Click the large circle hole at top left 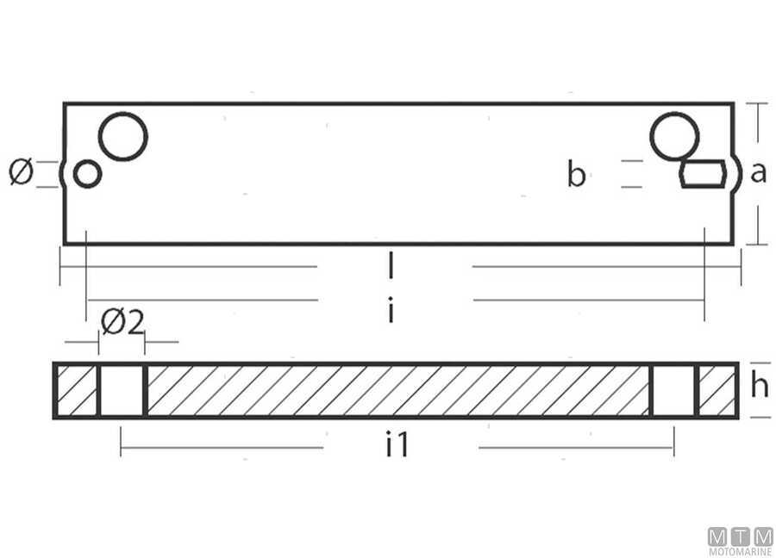123,136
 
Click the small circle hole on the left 88,174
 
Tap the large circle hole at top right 674,136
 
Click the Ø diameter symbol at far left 21,172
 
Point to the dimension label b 577,175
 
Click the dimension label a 758,173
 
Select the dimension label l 391,266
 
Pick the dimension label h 759,387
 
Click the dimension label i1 397,445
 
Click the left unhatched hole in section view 122,391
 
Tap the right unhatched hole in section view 672,391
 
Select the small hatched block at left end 76,391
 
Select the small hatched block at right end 717,391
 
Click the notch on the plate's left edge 62,174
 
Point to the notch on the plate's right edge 737,174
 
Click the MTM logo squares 741,536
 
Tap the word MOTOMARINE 741,551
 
